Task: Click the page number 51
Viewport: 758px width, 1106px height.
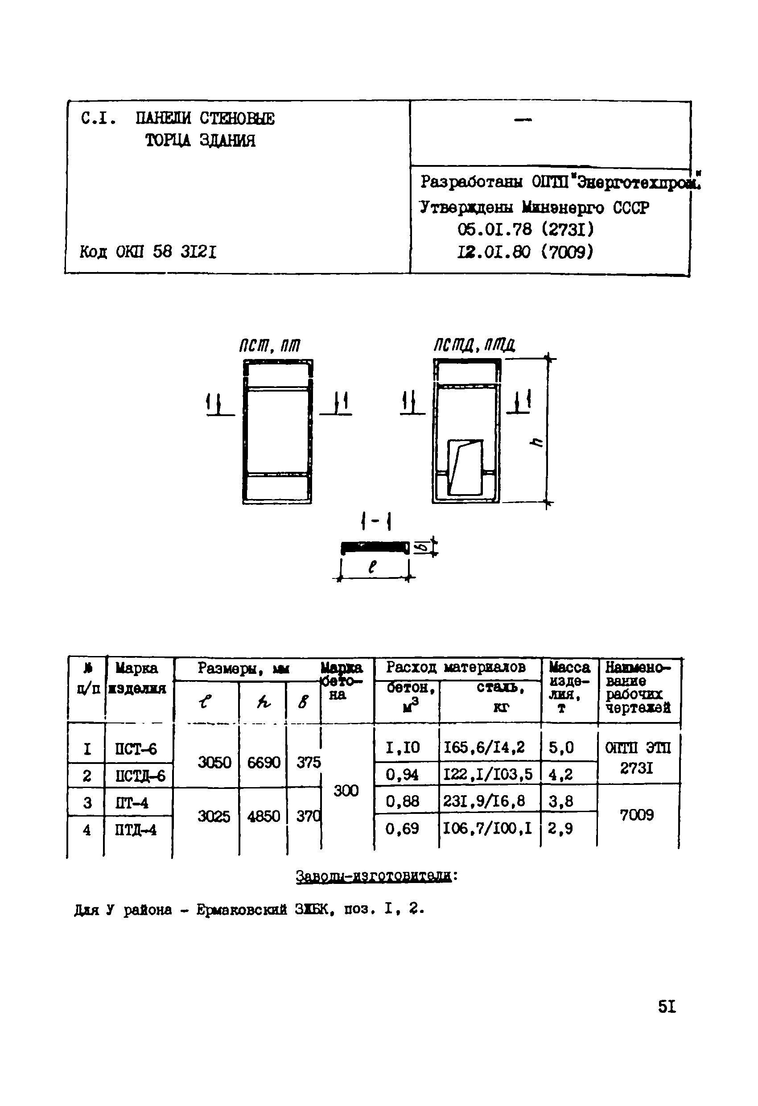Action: click(667, 1007)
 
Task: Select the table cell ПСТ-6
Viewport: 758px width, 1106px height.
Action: click(136, 749)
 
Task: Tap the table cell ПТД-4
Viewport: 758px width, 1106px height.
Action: click(136, 830)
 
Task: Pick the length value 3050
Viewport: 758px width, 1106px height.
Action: click(214, 763)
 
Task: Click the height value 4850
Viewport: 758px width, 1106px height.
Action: click(263, 816)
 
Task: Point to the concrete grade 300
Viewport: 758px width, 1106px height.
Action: click(346, 790)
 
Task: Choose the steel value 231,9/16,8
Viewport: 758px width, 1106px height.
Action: click(484, 801)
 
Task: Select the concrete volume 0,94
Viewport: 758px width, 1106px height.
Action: click(402, 775)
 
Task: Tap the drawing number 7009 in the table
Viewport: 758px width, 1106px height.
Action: click(637, 815)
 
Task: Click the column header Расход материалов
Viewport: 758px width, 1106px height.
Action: click(455, 667)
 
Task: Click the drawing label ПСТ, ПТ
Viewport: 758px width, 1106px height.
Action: click(269, 346)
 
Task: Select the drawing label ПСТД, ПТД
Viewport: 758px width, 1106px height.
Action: click(474, 345)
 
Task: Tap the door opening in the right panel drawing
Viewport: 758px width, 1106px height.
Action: click(466, 467)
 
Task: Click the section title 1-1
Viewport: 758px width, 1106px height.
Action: click(376, 521)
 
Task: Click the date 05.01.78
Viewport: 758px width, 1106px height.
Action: click(494, 230)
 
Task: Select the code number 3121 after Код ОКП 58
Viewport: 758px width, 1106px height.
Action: click(198, 252)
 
